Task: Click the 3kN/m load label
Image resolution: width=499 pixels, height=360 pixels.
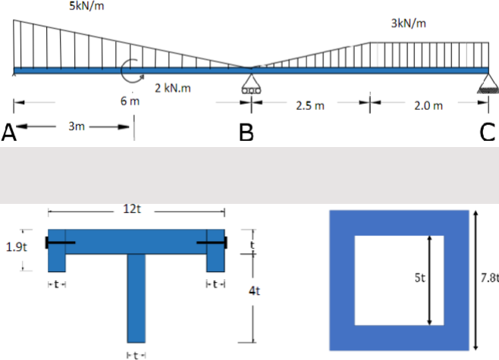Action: tap(408, 23)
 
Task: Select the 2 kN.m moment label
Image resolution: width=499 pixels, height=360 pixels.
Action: tap(173, 88)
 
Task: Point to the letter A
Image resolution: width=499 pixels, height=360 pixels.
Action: tap(9, 133)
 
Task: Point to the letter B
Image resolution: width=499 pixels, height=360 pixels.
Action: tap(246, 133)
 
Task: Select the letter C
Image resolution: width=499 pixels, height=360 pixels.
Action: tap(487, 133)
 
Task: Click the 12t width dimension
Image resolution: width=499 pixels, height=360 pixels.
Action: tap(132, 209)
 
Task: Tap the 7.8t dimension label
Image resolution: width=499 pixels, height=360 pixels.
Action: tap(490, 278)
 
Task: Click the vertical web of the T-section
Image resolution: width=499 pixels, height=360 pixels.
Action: tap(136, 299)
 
